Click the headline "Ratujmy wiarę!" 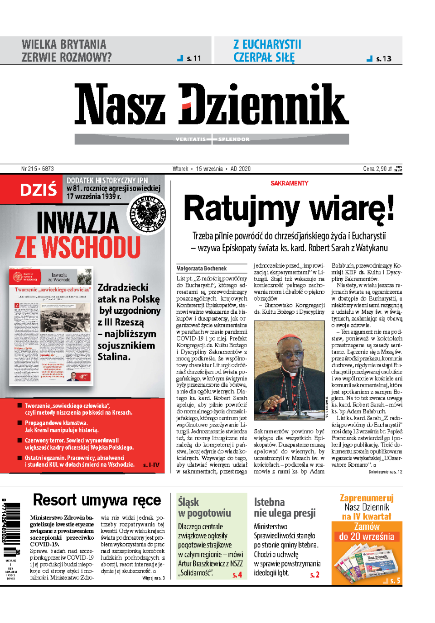tap(289, 208)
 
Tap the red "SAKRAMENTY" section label tap(289, 183)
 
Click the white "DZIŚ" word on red tap(39, 190)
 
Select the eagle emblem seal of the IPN tap(147, 215)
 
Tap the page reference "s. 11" tap(193, 58)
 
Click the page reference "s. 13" tap(383, 58)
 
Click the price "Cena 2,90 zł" tap(377, 169)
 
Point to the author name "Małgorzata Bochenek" tap(201, 268)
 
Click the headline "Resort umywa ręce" tap(97, 500)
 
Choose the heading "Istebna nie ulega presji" tap(285, 507)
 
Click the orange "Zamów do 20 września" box tap(367, 532)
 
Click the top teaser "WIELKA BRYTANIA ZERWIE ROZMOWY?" tap(66, 51)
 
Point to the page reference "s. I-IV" tap(151, 465)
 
